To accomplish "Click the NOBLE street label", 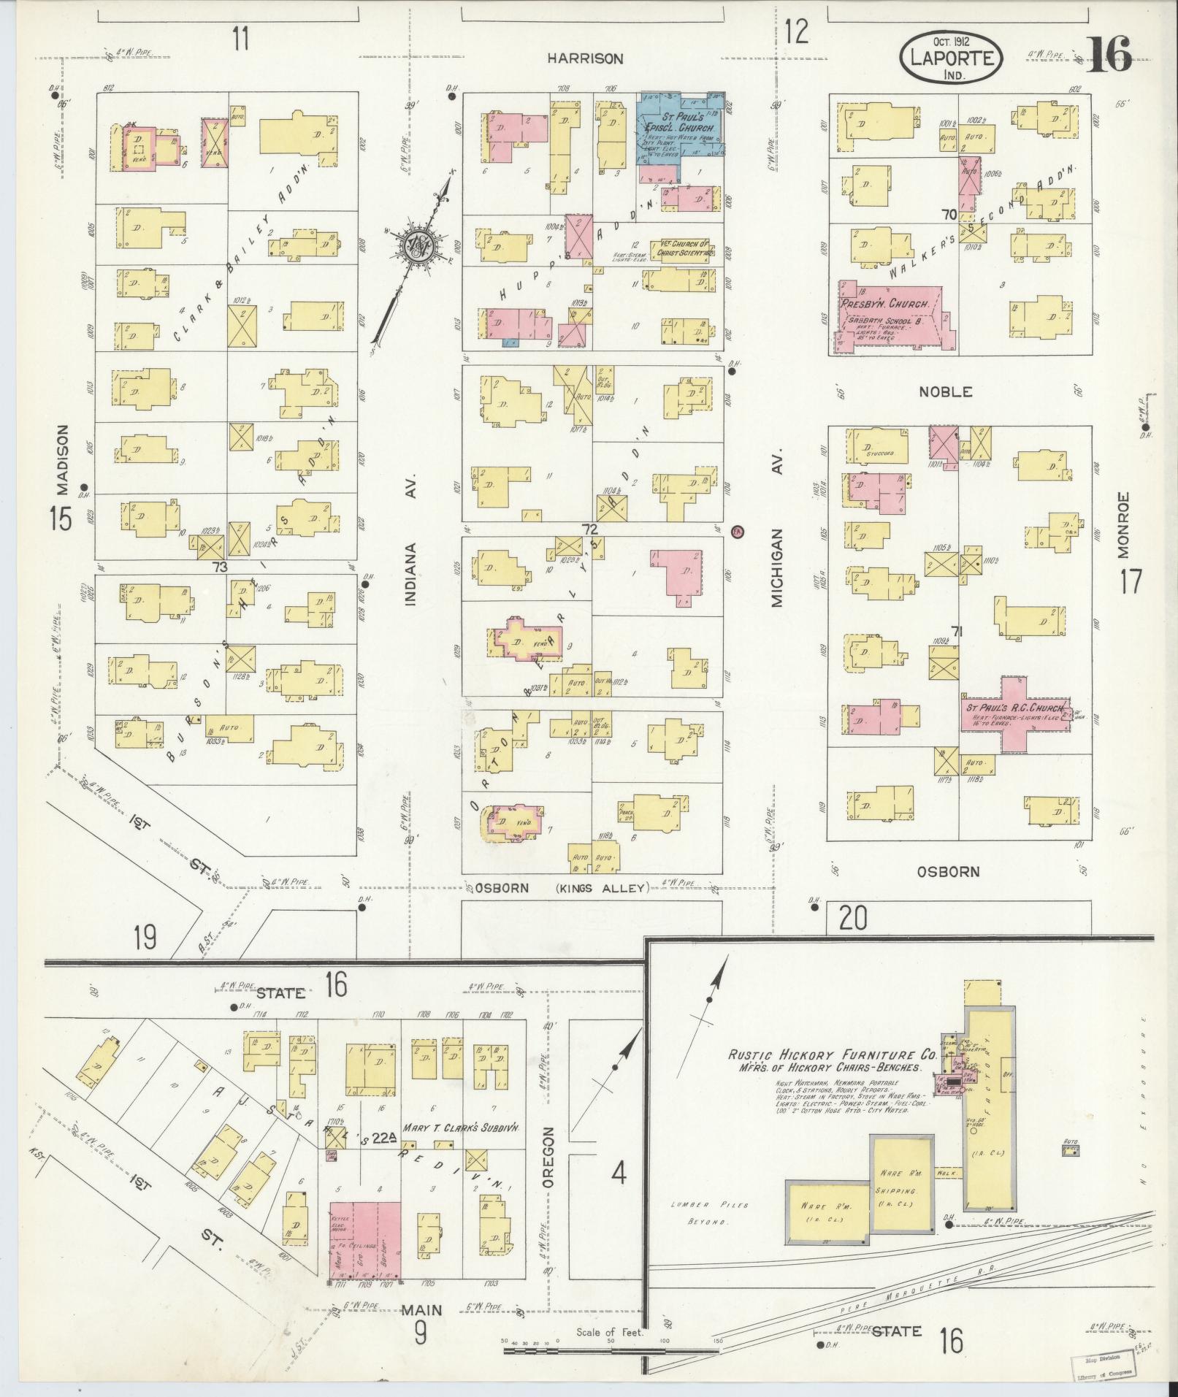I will pyautogui.click(x=945, y=391).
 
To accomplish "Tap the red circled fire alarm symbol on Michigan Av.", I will pyautogui.click(x=737, y=531).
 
